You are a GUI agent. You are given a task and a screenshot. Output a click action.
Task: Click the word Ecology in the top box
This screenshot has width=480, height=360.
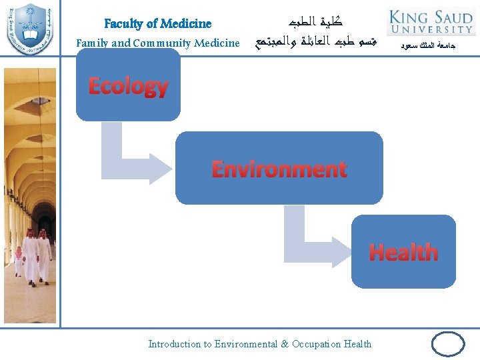click(128, 86)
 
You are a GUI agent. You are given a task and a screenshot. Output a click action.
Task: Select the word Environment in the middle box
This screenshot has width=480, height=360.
click(279, 169)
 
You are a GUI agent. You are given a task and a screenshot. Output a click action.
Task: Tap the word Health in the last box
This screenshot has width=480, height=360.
click(403, 252)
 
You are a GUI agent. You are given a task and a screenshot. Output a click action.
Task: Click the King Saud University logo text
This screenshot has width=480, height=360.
click(431, 21)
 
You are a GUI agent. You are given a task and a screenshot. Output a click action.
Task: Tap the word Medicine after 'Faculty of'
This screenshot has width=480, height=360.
click(187, 23)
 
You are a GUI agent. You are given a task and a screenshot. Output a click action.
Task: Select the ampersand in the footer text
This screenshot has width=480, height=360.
click(285, 344)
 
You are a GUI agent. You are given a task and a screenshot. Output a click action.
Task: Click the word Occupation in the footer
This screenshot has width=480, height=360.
click(315, 344)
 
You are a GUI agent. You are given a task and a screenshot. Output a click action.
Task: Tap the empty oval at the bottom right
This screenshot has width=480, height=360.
click(448, 345)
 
